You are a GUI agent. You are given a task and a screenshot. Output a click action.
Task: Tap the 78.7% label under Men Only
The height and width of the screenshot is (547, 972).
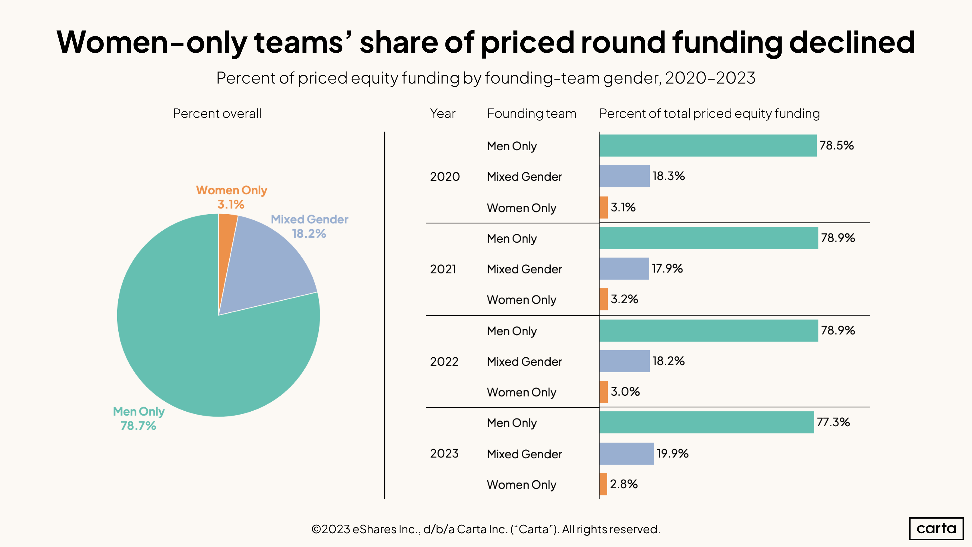[138, 426]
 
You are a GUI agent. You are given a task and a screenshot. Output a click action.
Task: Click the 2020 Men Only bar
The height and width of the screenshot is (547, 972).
[708, 146]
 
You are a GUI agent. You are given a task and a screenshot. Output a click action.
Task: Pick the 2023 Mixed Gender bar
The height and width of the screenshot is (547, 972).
[626, 453]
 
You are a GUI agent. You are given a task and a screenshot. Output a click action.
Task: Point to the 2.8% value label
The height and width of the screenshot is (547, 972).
[624, 484]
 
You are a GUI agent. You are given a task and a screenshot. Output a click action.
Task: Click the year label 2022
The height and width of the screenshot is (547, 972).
[444, 362]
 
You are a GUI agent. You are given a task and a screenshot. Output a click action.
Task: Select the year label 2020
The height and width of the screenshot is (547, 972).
[445, 177]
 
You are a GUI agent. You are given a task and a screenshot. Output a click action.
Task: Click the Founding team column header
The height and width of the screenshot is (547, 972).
[531, 114]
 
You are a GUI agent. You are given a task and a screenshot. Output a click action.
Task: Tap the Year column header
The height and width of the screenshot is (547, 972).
[443, 114]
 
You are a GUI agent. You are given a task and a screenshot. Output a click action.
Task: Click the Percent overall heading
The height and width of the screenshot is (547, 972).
[217, 114]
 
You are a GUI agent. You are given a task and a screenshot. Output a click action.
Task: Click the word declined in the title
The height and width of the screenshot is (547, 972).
[852, 42]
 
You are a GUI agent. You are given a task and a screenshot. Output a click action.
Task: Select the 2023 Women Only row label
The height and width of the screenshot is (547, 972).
[521, 485]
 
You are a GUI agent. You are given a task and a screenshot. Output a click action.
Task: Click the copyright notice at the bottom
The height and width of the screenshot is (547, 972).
[486, 529]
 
